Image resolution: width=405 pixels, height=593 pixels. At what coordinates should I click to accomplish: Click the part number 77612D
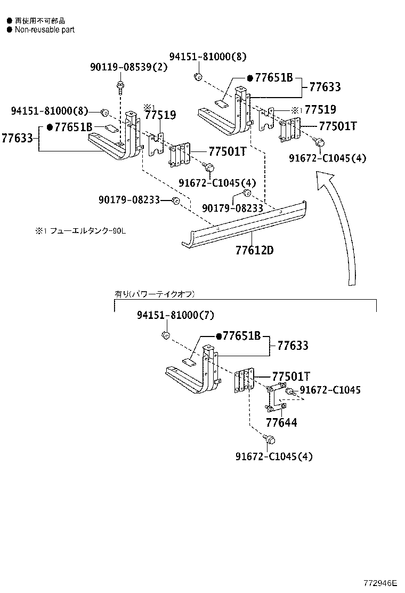pos(254,250)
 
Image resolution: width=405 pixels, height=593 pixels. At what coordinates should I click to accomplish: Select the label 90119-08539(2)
pos(121,67)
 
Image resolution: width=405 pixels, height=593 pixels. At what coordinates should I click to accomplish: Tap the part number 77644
pos(281,423)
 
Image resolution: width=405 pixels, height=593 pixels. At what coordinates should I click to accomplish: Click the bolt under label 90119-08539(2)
pos(120,86)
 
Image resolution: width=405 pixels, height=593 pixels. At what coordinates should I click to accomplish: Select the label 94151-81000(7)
pos(175,315)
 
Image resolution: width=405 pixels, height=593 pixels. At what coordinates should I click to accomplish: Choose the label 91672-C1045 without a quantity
pos(330,390)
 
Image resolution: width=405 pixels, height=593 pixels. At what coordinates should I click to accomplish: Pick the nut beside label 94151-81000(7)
pos(165,335)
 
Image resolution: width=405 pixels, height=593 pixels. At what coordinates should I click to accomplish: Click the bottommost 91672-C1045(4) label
pos(274,456)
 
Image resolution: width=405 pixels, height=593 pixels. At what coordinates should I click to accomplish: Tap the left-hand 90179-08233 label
pos(129,199)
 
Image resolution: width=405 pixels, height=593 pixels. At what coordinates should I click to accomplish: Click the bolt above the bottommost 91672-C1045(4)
pos(270,439)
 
